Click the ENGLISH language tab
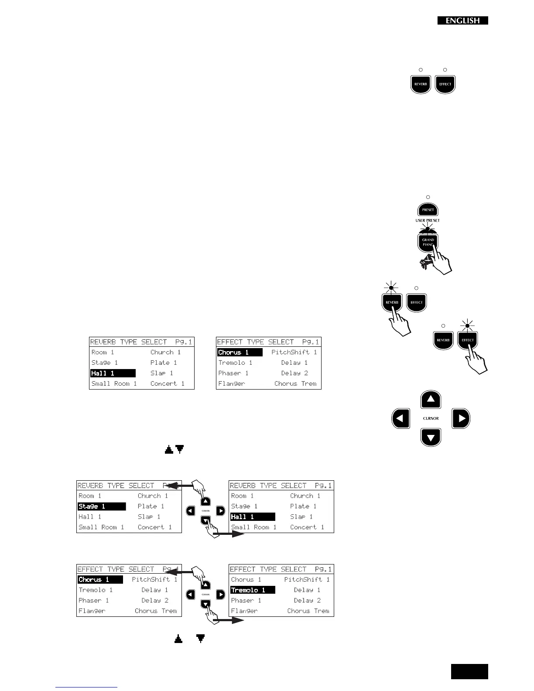(462, 21)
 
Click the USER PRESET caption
(428, 221)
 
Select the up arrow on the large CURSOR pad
(431, 399)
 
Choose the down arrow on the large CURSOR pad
(431, 437)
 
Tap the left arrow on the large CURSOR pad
(400, 418)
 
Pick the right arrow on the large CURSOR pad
(461, 418)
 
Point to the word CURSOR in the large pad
(431, 418)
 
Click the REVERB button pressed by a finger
(392, 302)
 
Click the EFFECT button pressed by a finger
(467, 340)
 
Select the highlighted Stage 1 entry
(102, 506)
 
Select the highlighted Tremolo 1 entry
(253, 590)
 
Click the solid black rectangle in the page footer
(469, 672)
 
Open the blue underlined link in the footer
(86, 688)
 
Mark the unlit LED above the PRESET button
(428, 197)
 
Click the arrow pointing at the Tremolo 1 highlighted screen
(231, 620)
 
